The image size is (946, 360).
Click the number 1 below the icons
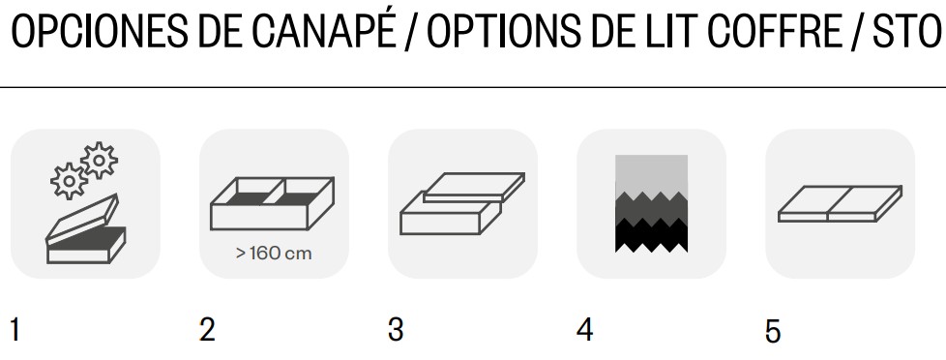point(15,330)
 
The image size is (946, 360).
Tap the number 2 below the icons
point(206,330)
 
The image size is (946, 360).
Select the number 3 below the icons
point(396,330)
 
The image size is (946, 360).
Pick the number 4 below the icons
point(584,330)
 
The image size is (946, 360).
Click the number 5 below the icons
point(773,331)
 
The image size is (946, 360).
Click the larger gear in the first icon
point(99,161)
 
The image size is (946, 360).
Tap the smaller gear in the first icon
point(69,181)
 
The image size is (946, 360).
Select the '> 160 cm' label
point(274,254)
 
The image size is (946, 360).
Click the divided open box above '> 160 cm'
point(272,203)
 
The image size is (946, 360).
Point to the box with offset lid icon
point(462,203)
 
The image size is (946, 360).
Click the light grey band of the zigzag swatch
point(652,174)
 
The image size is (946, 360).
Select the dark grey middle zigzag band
point(652,209)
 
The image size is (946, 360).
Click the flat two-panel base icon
point(840,203)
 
